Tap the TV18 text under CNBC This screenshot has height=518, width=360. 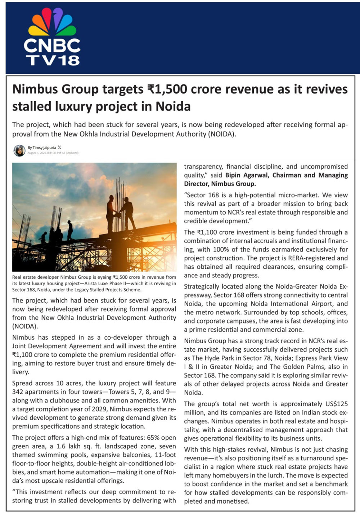pos(53,60)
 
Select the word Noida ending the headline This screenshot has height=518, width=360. pos(173,107)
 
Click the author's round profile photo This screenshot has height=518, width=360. pos(19,150)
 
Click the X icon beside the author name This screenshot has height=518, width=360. pos(59,147)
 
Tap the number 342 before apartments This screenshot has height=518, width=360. pos(18,392)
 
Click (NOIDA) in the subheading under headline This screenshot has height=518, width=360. pos(221,134)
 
